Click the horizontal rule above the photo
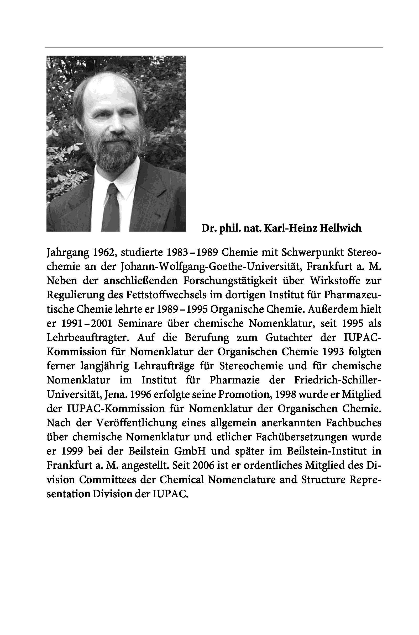point(214,47)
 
